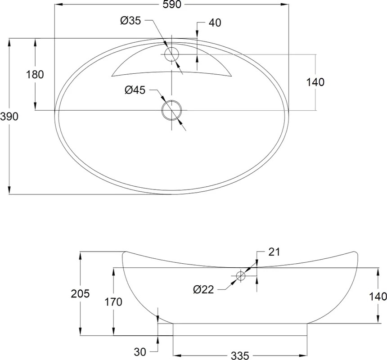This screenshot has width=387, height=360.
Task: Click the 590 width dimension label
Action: pos(172,4)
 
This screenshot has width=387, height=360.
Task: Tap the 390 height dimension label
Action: pos(9,117)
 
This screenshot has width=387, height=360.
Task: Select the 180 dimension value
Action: pos(35,75)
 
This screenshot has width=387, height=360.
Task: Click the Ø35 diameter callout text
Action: pos(130,21)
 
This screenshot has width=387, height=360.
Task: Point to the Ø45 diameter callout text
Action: pos(135,90)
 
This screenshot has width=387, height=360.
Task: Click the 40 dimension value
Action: pos(215,22)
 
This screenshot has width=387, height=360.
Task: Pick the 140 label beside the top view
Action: pos(315,82)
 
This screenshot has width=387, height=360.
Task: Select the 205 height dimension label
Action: pos(80,294)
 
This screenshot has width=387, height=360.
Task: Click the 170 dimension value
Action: pos(113,302)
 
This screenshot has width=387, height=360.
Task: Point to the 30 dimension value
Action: pos(140,352)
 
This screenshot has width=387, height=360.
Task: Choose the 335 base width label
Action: pos(240,355)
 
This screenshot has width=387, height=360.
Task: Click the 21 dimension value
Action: pos(274,252)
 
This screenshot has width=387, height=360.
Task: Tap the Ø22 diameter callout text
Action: pos(203,289)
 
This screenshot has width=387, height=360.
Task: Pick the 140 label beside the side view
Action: pos(378,297)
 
